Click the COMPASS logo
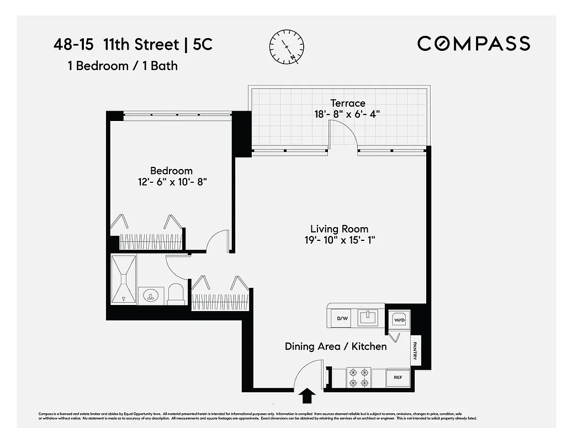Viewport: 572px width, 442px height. point(473,43)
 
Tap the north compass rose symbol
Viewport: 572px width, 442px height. point(287,46)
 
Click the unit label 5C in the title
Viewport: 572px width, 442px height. point(203,44)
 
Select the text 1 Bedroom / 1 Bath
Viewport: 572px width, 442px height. point(123,66)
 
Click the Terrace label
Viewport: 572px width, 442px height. point(348,103)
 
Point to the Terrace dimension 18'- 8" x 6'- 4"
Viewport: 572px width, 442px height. point(348,114)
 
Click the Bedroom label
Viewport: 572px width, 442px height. point(171,171)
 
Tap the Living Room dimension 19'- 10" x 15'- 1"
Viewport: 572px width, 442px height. point(339,240)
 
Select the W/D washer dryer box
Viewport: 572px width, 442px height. point(399,319)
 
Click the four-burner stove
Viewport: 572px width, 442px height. point(358,377)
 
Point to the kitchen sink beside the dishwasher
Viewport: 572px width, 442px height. point(367,317)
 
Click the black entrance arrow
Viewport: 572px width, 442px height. point(308,396)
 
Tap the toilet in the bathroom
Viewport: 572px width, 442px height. point(176,294)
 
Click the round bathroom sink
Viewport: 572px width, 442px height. point(150,296)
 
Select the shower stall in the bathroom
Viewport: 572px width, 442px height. point(123,279)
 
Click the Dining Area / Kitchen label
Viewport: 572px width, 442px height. point(335,346)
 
